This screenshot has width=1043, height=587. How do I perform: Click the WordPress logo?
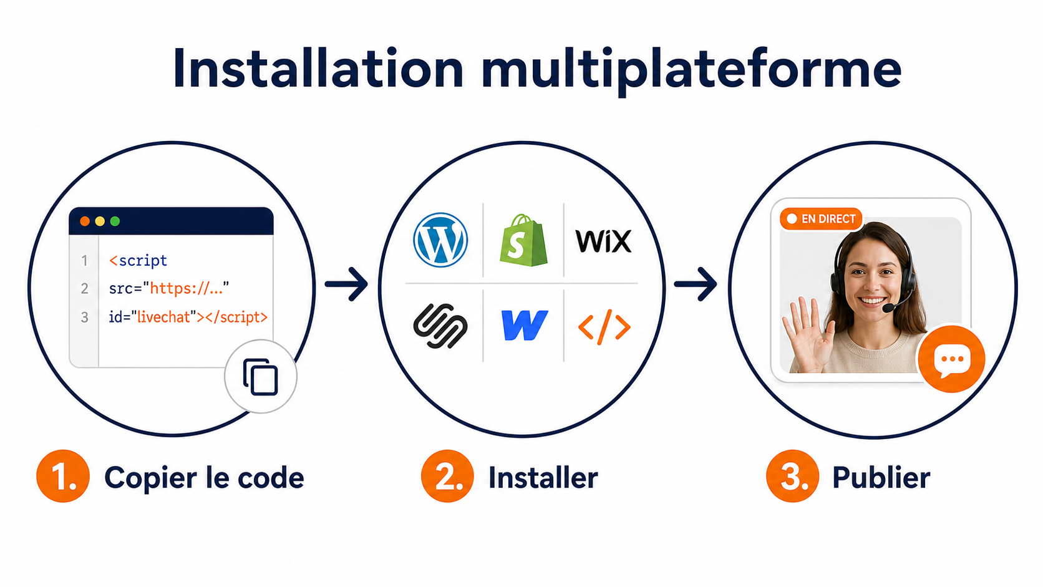point(440,240)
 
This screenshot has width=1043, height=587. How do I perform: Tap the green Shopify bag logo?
point(523,240)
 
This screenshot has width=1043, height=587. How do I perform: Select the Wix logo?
point(603,241)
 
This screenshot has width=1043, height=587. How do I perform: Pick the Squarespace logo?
point(440,326)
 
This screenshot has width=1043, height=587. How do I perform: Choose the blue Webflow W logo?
point(524,326)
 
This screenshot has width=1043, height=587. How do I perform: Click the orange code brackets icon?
point(604,327)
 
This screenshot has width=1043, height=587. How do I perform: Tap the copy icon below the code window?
point(261,377)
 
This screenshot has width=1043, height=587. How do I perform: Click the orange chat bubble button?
point(951,359)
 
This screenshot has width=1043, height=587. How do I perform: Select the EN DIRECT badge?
point(822,219)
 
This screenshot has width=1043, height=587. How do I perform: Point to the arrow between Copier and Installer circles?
point(346,283)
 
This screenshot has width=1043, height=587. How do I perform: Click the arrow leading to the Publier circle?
point(696,283)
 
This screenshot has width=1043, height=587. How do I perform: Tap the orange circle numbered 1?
point(63,476)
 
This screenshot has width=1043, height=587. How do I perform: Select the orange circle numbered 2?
point(447,476)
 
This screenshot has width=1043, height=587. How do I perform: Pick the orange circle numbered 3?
point(792,476)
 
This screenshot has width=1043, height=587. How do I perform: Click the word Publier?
point(881,478)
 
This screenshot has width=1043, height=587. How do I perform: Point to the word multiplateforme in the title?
point(691,70)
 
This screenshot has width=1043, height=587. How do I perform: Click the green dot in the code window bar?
point(115,221)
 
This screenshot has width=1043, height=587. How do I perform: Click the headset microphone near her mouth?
point(889,308)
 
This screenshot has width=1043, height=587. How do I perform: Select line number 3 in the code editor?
point(84,318)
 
